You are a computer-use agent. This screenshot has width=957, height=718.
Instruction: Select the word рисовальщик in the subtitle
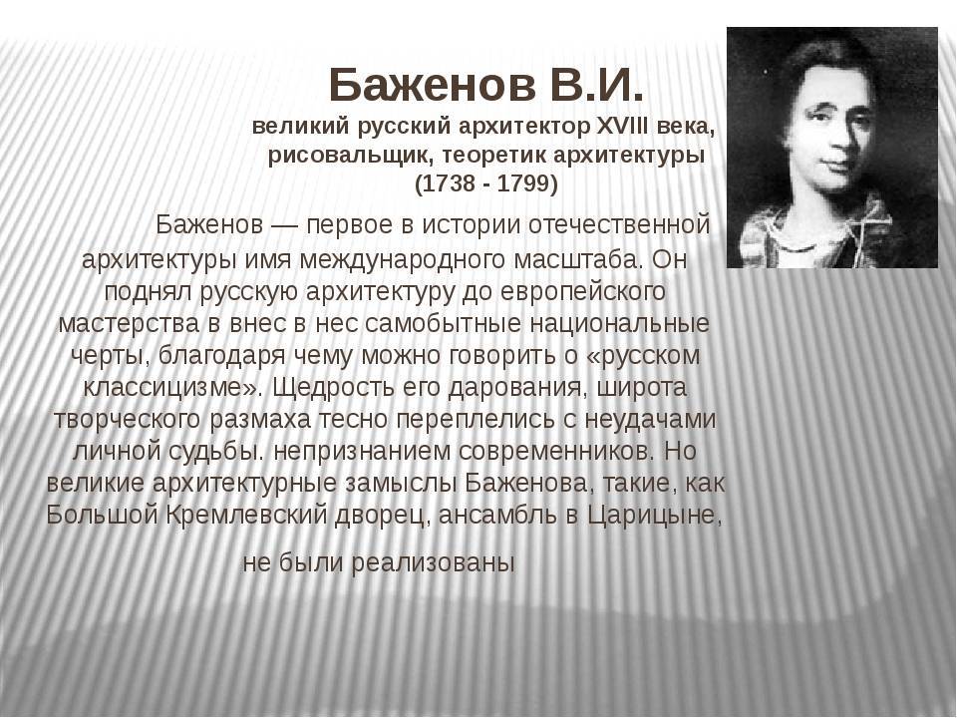click(348, 157)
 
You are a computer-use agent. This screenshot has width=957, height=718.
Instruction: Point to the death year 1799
click(523, 183)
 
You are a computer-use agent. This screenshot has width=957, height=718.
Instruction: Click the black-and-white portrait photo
click(831, 148)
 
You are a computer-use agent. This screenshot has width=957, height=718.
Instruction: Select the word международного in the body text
click(402, 260)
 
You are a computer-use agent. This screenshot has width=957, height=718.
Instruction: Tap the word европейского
click(582, 292)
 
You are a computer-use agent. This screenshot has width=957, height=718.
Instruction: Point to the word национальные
click(620, 323)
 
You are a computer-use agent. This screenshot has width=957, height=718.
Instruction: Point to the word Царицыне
click(655, 516)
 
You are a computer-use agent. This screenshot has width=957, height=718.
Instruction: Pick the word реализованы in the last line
click(434, 562)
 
